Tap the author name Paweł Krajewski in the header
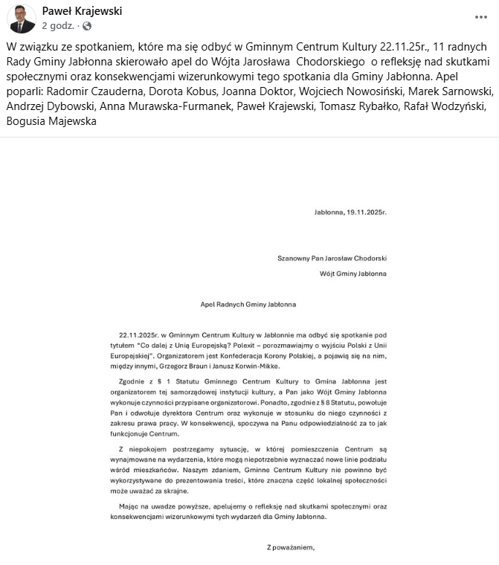tap(82, 11)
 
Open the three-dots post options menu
tap(481, 16)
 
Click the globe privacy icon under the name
tap(87, 26)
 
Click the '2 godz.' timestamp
tap(58, 26)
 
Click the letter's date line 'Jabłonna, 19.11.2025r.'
tap(350, 213)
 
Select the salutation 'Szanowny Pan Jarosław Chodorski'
tap(332, 259)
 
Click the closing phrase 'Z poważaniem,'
tap(291, 549)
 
